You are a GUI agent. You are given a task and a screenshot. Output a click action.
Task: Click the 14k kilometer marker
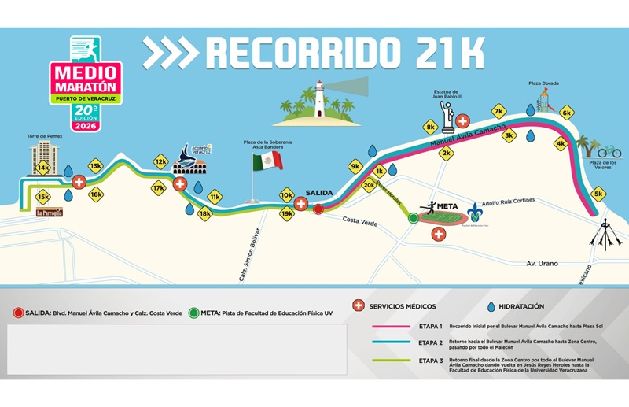(43, 168)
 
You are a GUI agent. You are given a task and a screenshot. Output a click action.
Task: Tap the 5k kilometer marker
(599, 193)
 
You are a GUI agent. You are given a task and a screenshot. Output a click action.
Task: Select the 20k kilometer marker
(369, 186)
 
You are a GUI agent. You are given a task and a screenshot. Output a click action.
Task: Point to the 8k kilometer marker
(430, 127)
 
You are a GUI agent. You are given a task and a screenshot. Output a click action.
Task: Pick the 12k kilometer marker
(160, 162)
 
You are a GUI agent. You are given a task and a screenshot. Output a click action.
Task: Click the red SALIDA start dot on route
(318, 209)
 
